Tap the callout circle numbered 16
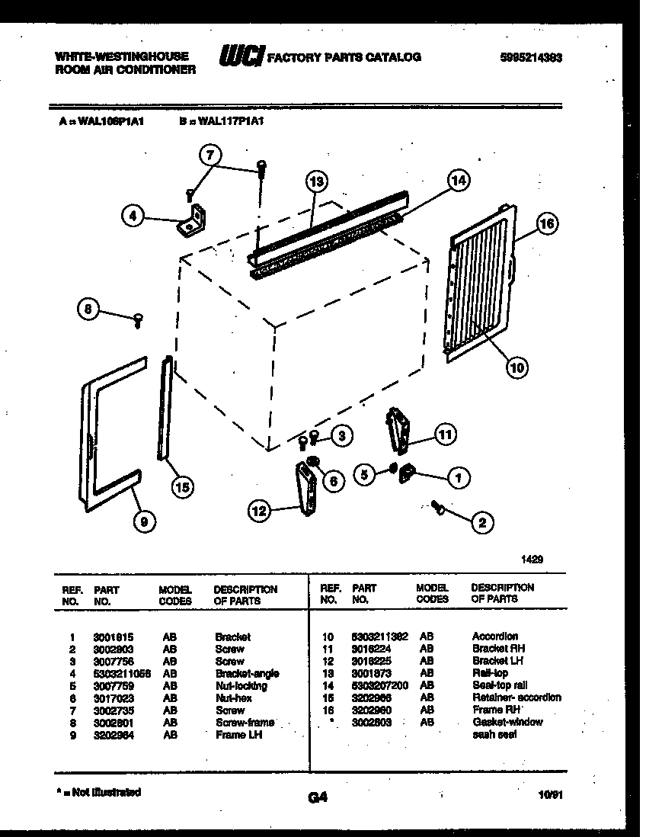tap(546, 224)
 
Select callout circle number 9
tap(143, 521)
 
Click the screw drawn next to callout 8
tap(139, 320)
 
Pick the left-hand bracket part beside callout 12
tap(306, 490)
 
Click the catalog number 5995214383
tap(531, 57)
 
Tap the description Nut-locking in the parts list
tap(241, 685)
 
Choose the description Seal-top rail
tap(499, 685)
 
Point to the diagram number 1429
tap(532, 559)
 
